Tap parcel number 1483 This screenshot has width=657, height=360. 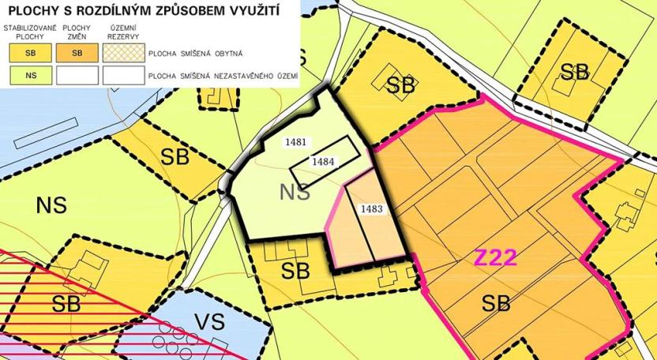[x=371, y=208]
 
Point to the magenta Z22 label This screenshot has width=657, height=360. [x=496, y=257]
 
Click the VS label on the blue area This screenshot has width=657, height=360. [x=211, y=322]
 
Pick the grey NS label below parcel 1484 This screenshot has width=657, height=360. [x=295, y=191]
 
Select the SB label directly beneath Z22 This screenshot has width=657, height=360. [x=496, y=302]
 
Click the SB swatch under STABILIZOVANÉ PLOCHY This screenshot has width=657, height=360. [x=28, y=54]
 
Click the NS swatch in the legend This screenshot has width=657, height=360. [x=28, y=76]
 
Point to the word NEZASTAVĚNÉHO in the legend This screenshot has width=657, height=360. [x=231, y=77]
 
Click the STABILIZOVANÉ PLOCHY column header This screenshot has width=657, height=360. [x=28, y=32]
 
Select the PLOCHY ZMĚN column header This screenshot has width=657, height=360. [x=76, y=32]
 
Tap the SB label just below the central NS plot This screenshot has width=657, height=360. [x=295, y=271]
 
